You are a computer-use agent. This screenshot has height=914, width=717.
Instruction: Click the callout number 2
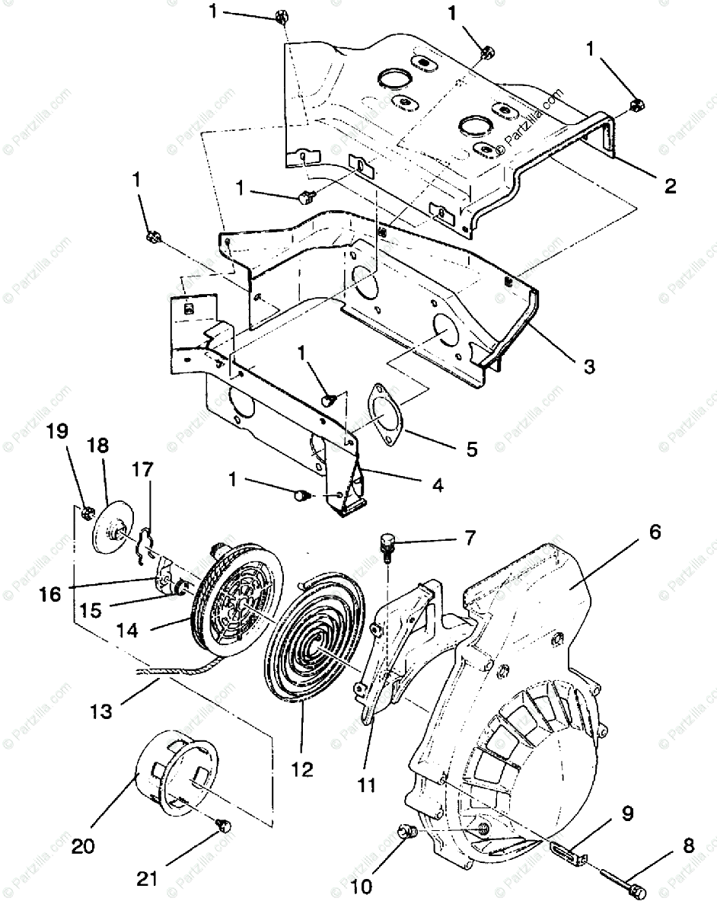click(670, 186)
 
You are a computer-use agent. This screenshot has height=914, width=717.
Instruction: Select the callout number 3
click(588, 366)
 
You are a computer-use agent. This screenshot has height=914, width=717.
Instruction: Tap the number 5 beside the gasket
click(472, 449)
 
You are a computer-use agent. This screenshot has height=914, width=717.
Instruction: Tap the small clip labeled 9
click(568, 852)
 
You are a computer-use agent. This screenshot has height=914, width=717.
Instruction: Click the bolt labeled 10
click(406, 833)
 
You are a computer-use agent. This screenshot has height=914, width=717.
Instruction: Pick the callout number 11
click(368, 785)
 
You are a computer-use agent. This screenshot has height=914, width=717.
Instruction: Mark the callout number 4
click(436, 484)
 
